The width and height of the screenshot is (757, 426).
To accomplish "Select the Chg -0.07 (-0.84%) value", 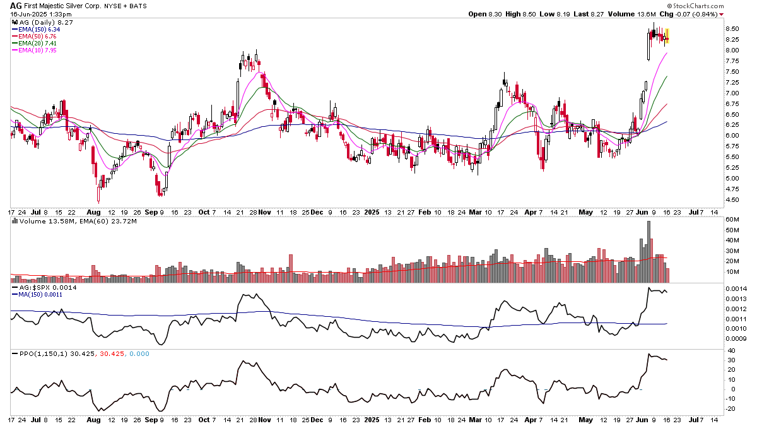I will pyautogui.click(x=692, y=14).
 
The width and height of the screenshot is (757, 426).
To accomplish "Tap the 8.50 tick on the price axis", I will pyautogui.click(x=732, y=28).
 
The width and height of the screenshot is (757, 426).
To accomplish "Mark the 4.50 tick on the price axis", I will pyautogui.click(x=732, y=200).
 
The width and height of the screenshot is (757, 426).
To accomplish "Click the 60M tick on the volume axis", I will pyautogui.click(x=733, y=220).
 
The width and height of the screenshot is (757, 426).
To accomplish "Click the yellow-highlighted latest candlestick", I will pyautogui.click(x=667, y=37).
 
